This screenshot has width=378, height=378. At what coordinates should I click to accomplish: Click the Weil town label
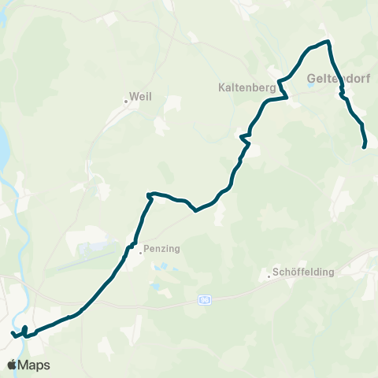point(140,96)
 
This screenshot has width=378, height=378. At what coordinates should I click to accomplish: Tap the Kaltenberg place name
point(246,88)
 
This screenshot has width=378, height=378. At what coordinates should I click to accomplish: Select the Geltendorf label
point(340,79)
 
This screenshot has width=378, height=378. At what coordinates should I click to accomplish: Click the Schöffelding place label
point(303,272)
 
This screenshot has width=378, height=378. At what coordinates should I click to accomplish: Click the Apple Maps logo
point(28,365)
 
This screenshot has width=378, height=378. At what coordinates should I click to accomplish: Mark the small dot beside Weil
point(126,101)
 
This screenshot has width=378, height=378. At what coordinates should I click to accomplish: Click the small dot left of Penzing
point(140,253)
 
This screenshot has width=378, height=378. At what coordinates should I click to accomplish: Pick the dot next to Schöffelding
point(268,276)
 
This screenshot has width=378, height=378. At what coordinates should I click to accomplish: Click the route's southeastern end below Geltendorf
point(364,146)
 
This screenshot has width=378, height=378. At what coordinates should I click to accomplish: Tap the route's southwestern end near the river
point(13,334)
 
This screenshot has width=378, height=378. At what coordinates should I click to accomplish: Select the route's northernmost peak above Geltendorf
point(325,42)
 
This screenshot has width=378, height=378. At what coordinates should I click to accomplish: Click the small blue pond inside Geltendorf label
point(313,86)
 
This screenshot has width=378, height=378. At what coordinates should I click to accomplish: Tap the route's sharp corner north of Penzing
point(148,194)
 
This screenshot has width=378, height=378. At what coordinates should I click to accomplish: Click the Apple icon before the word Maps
point(13,364)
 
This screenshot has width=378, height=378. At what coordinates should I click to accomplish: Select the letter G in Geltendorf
point(310,79)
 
